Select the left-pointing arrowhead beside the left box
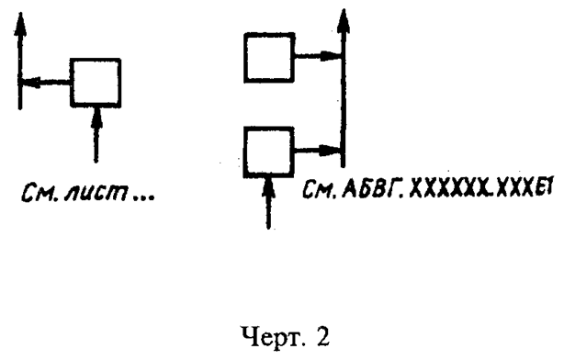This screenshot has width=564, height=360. pos(29,82)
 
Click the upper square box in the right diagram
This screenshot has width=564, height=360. pos(269,57)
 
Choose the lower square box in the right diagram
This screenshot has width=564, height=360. pos(269,151)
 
